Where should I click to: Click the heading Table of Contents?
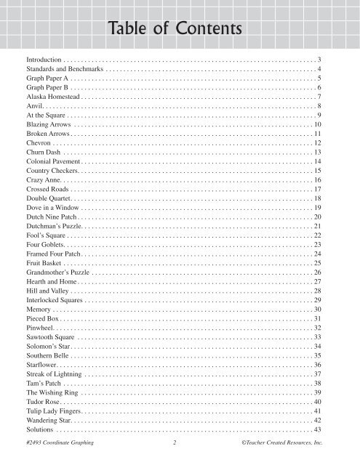180,28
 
